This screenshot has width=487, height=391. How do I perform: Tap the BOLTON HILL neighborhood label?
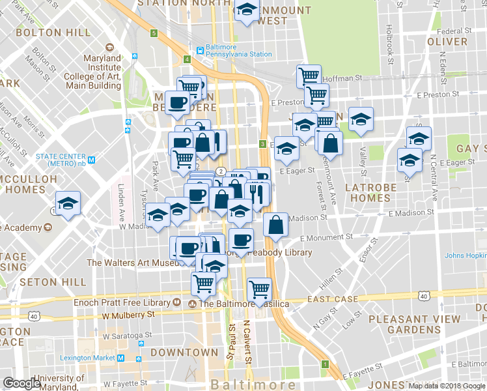44,31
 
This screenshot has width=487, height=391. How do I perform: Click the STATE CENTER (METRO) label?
61,156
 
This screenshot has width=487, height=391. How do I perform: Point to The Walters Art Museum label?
132,263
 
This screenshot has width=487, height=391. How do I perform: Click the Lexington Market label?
87,358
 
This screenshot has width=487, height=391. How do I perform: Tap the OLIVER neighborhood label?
447,41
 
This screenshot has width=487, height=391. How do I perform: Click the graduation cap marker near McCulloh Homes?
68,204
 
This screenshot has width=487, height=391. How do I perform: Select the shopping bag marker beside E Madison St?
276,225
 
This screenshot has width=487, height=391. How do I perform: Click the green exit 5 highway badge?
154,33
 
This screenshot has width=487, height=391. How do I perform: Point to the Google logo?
21,383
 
